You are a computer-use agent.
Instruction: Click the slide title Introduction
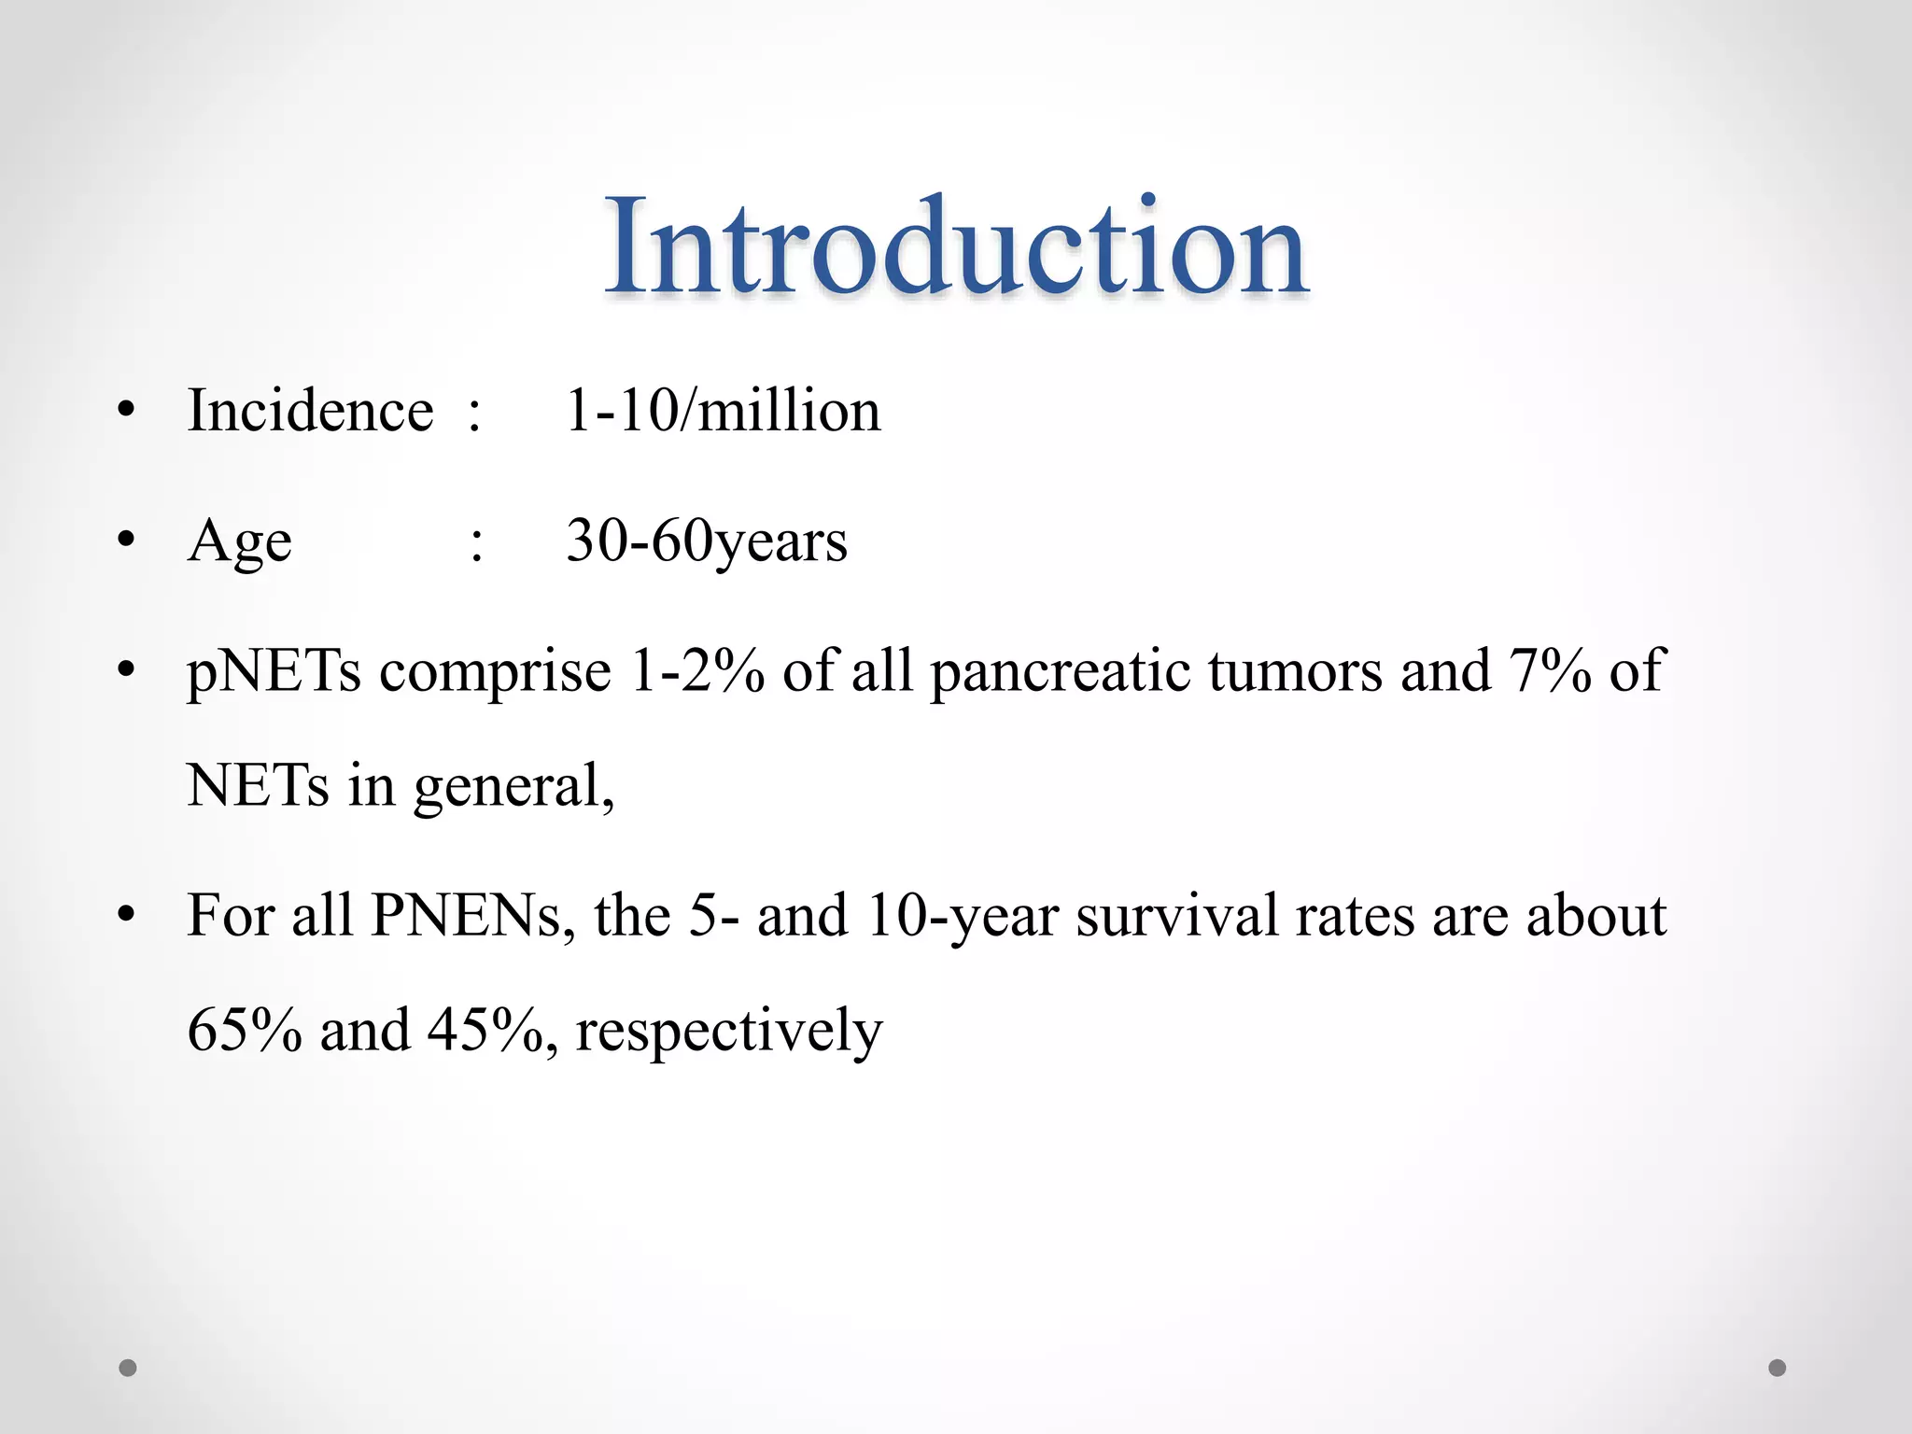pos(956,246)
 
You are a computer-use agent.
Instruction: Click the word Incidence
pos(310,411)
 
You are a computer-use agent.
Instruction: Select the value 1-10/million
pos(723,411)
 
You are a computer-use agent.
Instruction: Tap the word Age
pos(239,541)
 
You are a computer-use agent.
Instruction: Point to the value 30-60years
pos(707,541)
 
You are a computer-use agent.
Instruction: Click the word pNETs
pos(274,672)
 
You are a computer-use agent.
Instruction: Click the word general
pos(513,787)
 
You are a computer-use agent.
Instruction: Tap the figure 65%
pos(245,1031)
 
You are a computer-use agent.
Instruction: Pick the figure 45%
pos(485,1031)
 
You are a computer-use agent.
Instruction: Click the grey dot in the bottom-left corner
pos(128,1368)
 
